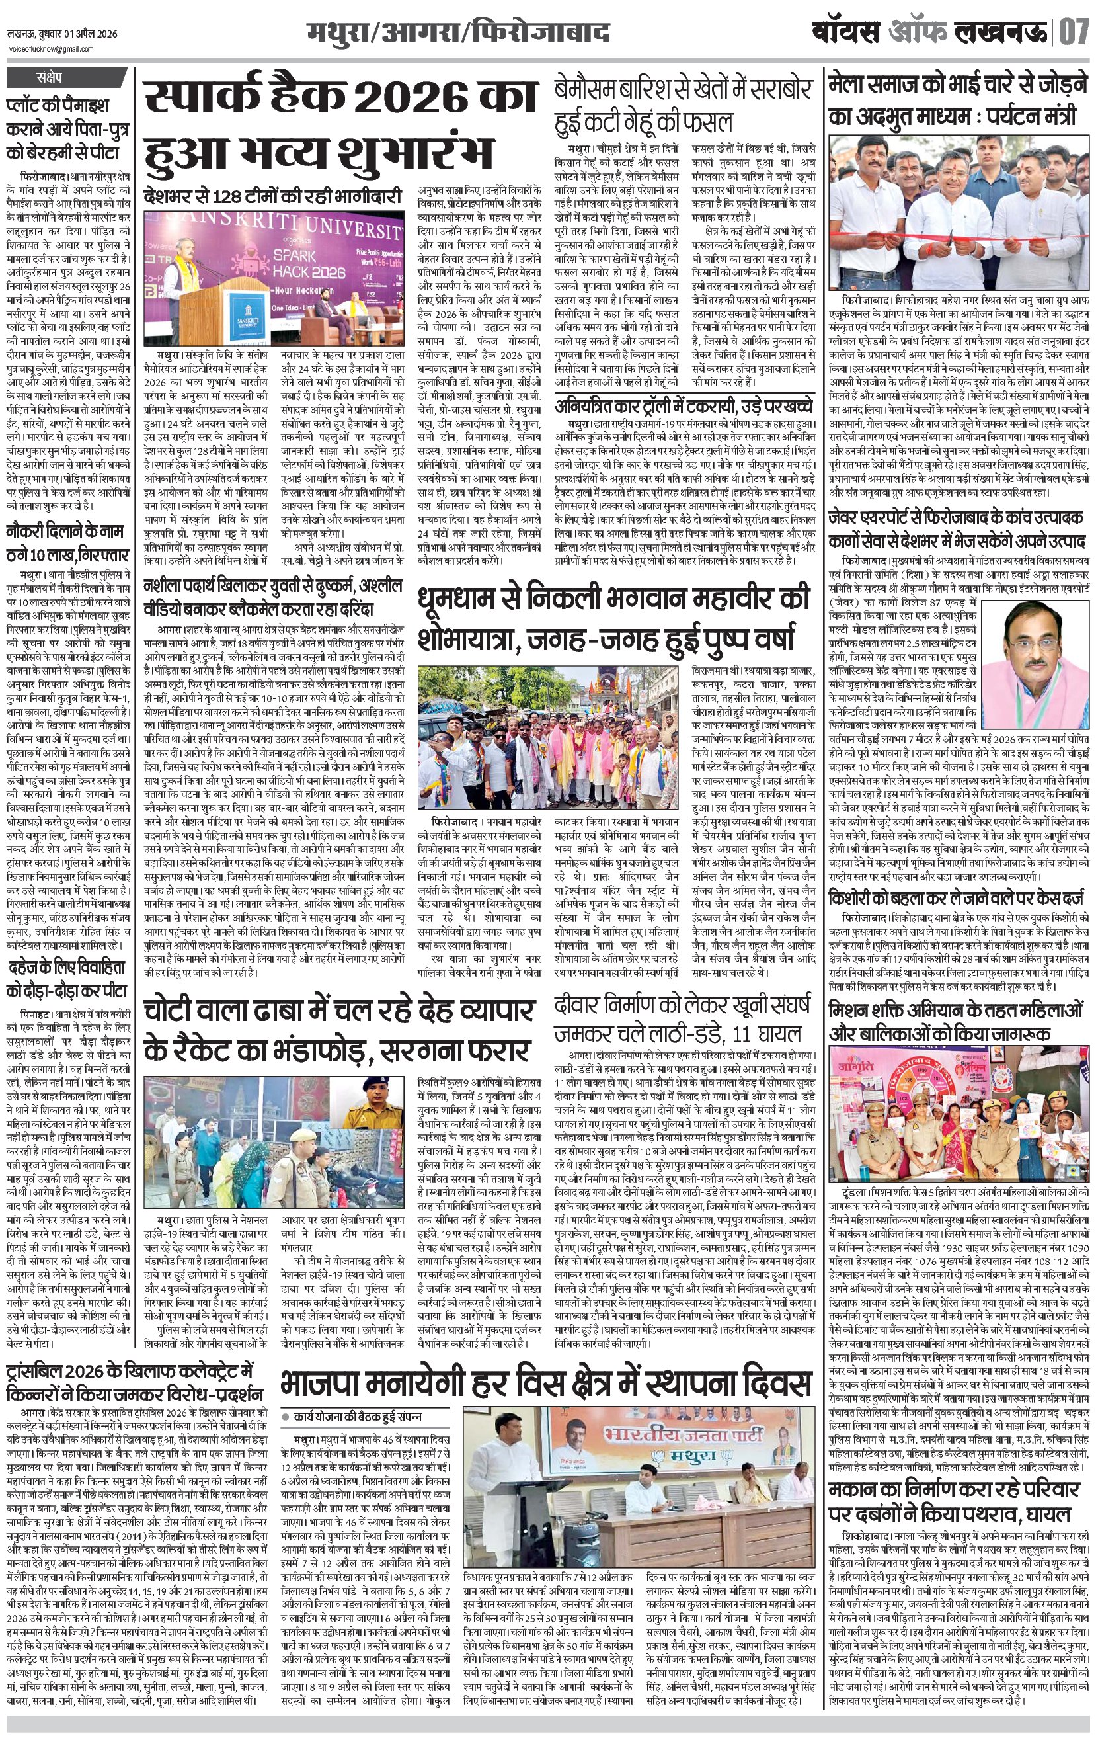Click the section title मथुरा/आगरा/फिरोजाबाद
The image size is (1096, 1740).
[457, 33]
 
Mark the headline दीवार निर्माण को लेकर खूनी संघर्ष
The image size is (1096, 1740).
[683, 1016]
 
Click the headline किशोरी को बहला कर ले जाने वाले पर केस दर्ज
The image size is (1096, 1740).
[956, 899]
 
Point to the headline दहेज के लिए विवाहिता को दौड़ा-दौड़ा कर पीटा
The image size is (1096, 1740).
[68, 979]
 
